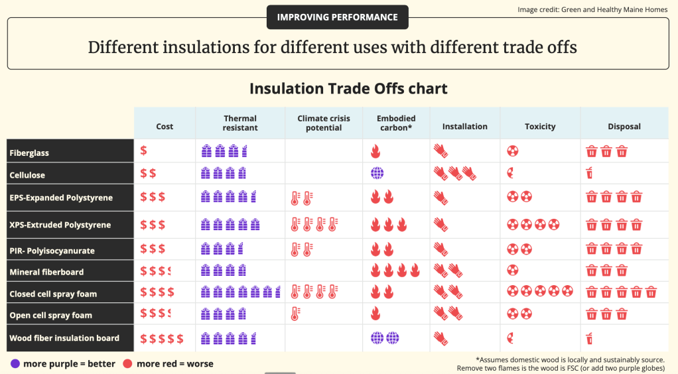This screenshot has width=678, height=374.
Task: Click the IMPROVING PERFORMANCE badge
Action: click(337, 17)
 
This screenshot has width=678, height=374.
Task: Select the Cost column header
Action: click(165, 126)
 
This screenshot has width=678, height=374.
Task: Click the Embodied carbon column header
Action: click(396, 123)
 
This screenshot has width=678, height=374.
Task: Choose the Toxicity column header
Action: click(540, 126)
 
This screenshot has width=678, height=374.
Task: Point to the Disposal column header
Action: click(624, 126)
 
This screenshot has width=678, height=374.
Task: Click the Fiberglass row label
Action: click(29, 153)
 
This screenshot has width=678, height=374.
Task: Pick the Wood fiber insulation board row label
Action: click(64, 338)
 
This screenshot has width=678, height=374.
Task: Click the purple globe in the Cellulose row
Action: click(377, 174)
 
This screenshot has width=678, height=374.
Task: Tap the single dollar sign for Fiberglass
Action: click(144, 151)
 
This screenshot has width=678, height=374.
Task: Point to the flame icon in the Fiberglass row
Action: click(375, 152)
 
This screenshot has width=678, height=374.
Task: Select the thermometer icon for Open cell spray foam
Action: click(295, 314)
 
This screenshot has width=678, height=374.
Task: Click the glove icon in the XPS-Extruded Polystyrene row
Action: click(441, 224)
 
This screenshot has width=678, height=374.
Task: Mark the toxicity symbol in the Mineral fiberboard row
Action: click(512, 271)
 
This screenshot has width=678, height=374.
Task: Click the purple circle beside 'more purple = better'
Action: click(15, 363)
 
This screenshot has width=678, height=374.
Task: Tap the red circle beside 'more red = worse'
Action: click(128, 363)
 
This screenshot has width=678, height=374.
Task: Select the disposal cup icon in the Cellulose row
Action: click(590, 174)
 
